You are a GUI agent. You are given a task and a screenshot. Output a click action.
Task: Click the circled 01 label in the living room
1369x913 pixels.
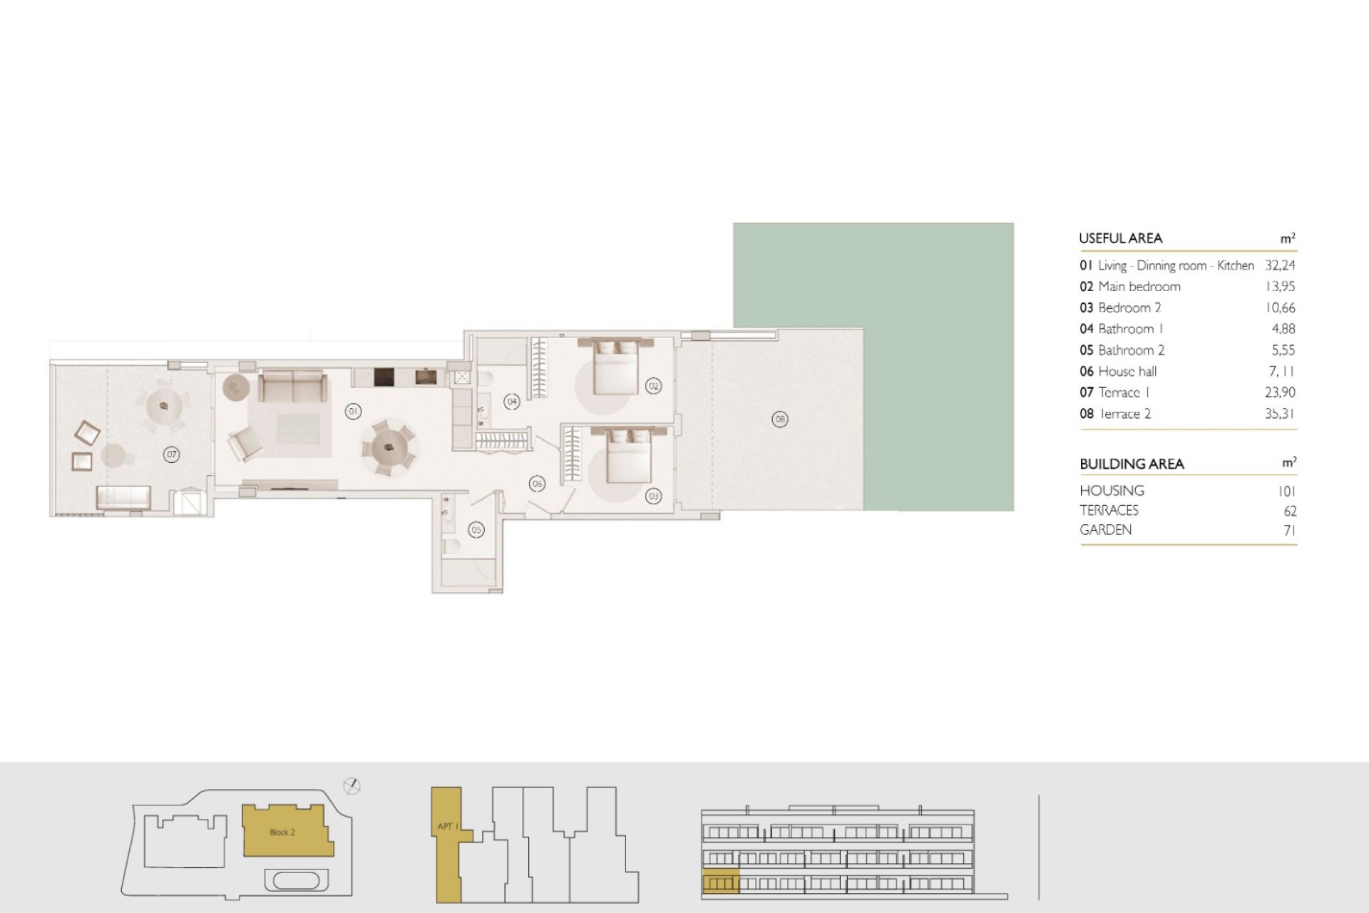(x=353, y=411)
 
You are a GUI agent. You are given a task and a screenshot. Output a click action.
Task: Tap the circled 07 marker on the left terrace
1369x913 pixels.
(x=171, y=454)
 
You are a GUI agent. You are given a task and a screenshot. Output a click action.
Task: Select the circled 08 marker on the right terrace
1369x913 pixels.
(x=780, y=419)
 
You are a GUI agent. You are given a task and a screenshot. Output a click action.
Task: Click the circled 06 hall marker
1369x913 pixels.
(x=537, y=484)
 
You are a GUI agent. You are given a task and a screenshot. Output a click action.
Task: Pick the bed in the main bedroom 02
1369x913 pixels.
(x=616, y=367)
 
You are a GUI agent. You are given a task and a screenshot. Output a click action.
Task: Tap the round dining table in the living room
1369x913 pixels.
(x=389, y=448)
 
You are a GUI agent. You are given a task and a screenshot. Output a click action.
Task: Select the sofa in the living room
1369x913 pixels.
(x=292, y=386)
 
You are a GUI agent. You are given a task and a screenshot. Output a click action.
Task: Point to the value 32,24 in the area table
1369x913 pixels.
(x=1280, y=265)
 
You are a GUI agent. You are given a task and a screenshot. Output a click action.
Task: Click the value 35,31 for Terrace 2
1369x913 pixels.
(x=1280, y=414)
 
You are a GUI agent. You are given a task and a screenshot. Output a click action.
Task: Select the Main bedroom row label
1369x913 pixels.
(x=1139, y=287)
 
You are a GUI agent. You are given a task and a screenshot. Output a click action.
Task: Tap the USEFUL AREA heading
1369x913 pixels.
(x=1121, y=238)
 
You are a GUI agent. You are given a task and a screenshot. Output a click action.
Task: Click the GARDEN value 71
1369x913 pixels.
(x=1289, y=530)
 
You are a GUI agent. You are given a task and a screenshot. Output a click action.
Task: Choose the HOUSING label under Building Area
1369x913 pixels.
(x=1112, y=491)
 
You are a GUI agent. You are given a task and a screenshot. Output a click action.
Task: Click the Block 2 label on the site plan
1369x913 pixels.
(x=282, y=832)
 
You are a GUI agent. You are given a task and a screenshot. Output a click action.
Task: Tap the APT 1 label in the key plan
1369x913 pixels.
(x=446, y=827)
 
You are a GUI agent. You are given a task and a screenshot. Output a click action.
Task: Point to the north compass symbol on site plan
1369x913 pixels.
(x=352, y=787)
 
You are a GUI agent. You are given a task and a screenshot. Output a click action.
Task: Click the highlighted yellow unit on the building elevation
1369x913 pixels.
(x=721, y=882)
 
